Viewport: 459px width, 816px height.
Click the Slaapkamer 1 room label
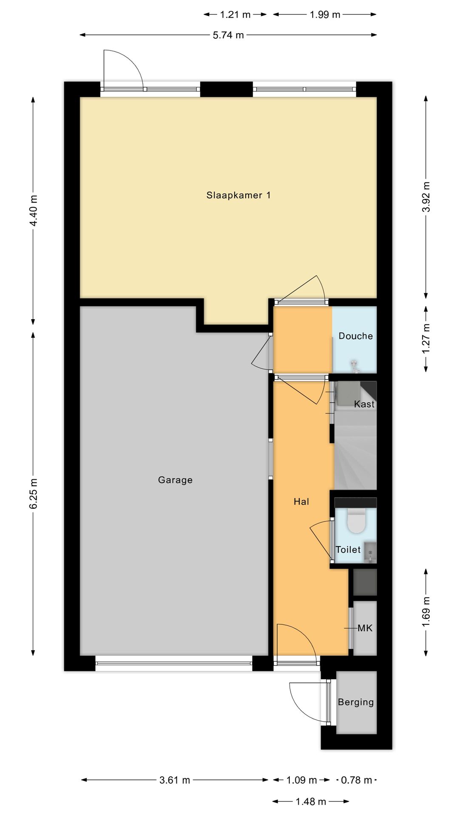point(238,195)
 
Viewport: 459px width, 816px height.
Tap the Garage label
point(175,480)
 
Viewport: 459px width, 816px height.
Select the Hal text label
point(301,501)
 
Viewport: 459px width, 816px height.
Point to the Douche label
point(356,336)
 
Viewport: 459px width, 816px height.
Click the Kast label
point(364,404)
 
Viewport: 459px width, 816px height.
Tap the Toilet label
point(348,550)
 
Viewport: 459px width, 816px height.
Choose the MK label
point(365,628)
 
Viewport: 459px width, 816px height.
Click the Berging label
point(356,702)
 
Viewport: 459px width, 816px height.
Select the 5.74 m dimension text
point(228,35)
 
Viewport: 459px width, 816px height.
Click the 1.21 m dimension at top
point(235,14)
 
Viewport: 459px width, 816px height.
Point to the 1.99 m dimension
point(325,14)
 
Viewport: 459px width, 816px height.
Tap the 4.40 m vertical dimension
point(34,210)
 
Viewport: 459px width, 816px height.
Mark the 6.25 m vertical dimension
point(34,493)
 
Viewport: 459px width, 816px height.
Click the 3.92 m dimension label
point(426,197)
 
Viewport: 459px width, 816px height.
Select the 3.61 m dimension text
point(175,780)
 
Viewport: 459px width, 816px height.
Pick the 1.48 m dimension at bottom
point(311,801)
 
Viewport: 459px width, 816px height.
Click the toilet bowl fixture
point(356,521)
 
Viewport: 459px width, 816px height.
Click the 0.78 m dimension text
point(357,780)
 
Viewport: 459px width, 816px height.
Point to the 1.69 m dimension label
point(426,612)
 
